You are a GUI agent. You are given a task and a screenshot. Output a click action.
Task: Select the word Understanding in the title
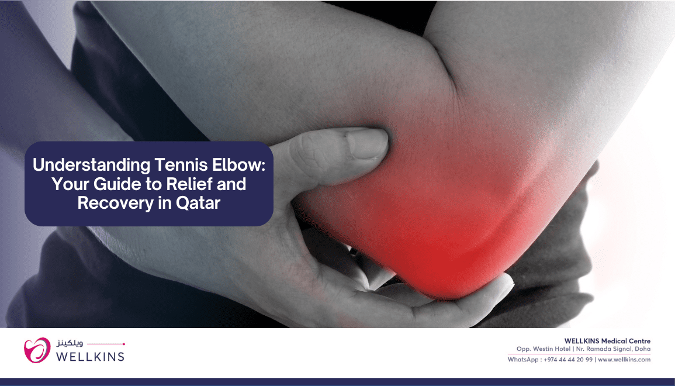92,165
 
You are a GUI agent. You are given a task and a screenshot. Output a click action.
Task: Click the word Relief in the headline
189,184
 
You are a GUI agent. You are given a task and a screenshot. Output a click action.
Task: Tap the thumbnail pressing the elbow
367,143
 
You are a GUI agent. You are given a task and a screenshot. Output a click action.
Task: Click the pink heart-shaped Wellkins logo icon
37,350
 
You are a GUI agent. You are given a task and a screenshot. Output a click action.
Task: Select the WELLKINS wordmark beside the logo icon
91,356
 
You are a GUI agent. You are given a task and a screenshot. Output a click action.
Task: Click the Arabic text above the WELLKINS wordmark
70,343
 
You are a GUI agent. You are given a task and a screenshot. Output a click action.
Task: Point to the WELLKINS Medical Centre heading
607,341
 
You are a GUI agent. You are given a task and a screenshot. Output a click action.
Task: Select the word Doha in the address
642,349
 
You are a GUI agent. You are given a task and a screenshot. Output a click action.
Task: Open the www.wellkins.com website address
624,360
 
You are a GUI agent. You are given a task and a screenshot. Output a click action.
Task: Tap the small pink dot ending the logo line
124,344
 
